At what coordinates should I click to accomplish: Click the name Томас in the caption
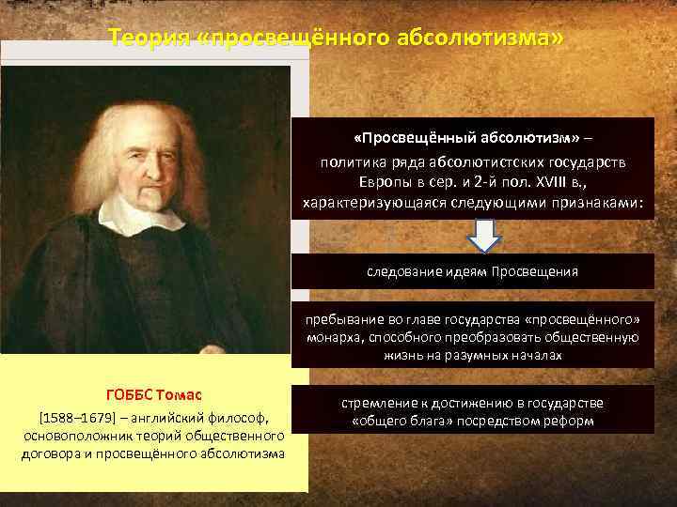(179, 394)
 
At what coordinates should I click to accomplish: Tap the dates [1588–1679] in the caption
(74, 417)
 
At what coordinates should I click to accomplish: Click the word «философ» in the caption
(243, 417)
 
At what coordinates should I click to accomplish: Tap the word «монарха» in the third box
(330, 338)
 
